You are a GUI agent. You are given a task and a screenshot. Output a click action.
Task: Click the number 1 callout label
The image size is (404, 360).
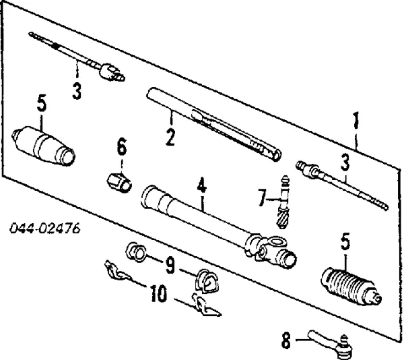pyautogui.click(x=357, y=123)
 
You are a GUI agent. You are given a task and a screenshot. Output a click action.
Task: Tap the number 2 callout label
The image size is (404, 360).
pyautogui.click(x=170, y=138)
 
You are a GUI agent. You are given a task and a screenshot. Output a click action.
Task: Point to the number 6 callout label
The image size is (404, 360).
pyautogui.click(x=121, y=146)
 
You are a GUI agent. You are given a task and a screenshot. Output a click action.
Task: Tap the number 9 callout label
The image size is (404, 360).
pyautogui.click(x=171, y=266)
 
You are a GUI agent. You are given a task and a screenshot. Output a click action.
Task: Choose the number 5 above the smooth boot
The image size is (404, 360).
pyautogui.click(x=42, y=104)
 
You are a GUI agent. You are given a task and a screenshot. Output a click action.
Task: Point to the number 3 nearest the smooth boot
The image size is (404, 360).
pyautogui.click(x=76, y=90)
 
